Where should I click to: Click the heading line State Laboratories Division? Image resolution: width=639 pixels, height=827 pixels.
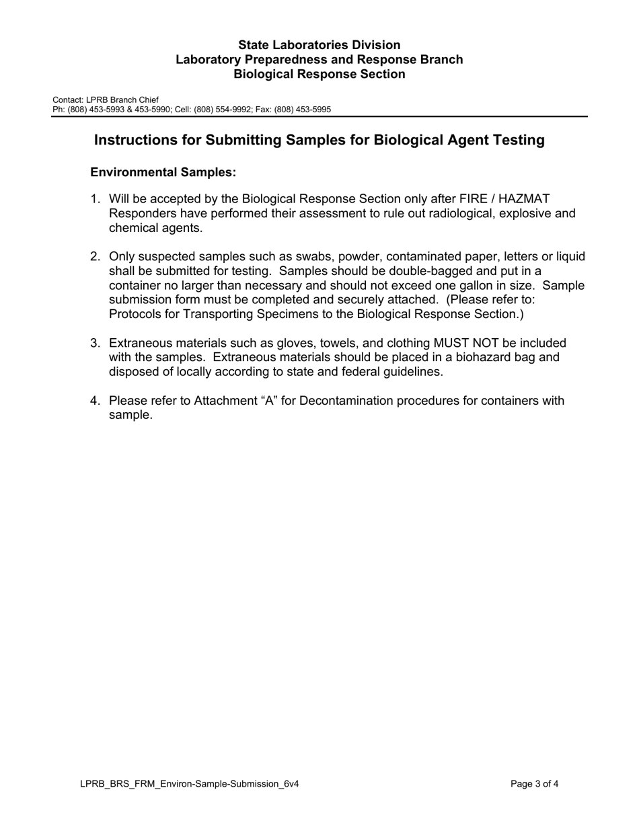pos(319,45)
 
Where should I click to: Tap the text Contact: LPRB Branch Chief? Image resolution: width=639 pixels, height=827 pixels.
pos(106,100)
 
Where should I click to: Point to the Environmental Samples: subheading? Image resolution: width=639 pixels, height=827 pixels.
pos(163,172)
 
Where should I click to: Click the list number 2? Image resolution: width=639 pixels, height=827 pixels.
pos(95,257)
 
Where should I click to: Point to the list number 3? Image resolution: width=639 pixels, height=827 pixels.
pos(95,344)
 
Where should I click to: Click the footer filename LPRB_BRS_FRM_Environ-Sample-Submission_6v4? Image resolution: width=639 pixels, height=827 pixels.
pos(189,784)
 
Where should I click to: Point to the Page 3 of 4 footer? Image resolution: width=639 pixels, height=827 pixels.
pos(534,784)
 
